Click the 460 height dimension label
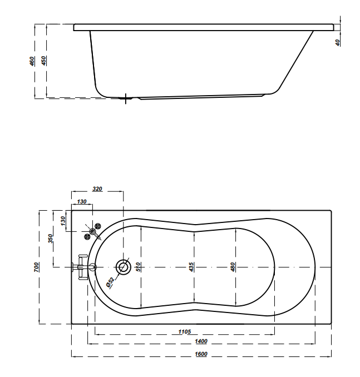(x=32, y=61)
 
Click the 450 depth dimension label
(x=44, y=61)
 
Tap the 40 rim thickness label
(x=338, y=43)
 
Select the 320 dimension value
(x=97, y=189)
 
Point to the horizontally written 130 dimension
(x=82, y=201)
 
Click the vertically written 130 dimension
(x=63, y=221)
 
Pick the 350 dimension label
(x=50, y=239)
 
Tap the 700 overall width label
(x=36, y=267)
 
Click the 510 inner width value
(x=139, y=267)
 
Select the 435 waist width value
(x=191, y=267)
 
